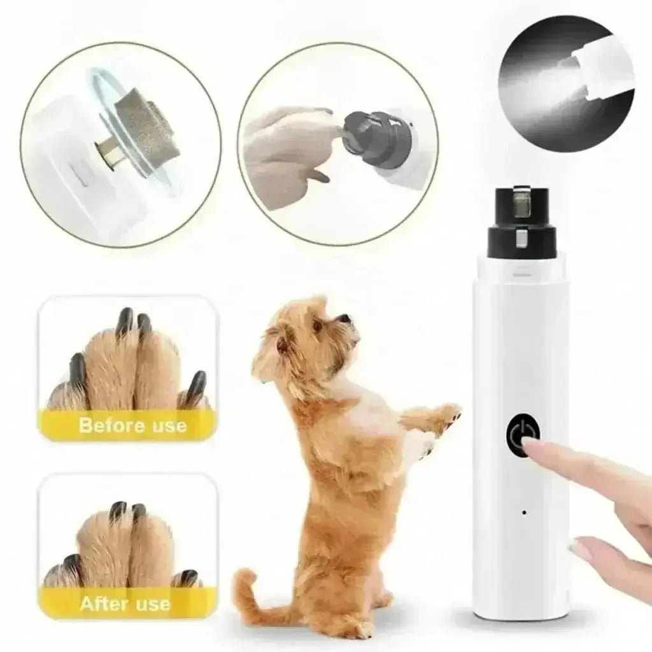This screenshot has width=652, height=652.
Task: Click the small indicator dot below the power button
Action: click(524, 513)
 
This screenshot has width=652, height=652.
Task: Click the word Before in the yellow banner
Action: click(110, 425)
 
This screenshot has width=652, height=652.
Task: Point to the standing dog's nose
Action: click(344, 319)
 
